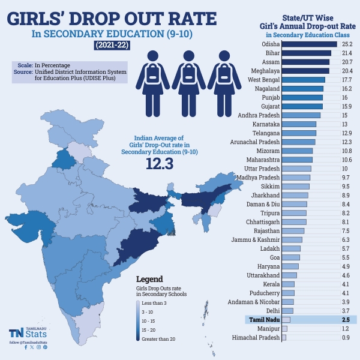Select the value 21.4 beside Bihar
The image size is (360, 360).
[346, 53]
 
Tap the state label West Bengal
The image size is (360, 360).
[262, 80]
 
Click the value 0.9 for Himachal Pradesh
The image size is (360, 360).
[346, 338]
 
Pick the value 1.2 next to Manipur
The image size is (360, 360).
[346, 329]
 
